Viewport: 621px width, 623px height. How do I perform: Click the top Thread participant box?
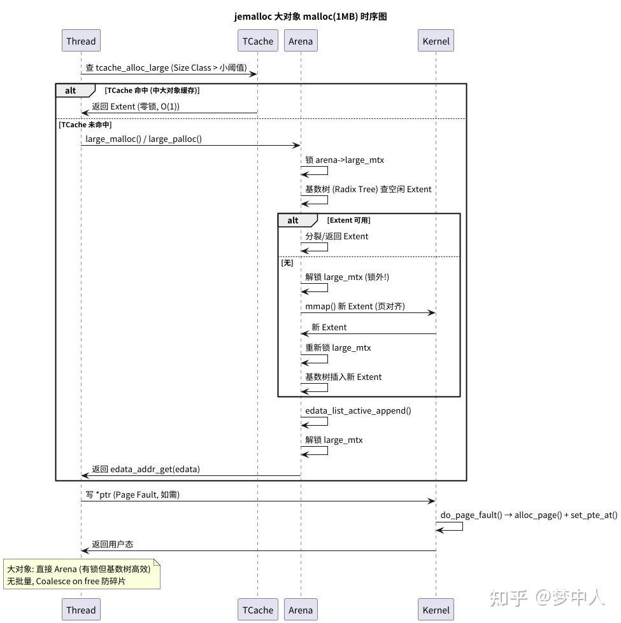[81, 41]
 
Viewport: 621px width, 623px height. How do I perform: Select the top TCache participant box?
[257, 41]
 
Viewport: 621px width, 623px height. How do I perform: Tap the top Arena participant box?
[301, 41]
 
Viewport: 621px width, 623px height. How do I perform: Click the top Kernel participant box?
[436, 41]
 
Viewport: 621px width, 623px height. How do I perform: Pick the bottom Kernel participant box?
[436, 610]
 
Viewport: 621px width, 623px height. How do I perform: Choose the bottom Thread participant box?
[81, 610]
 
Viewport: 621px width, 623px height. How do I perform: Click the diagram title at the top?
[311, 17]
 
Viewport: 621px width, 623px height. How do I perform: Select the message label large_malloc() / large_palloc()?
[143, 139]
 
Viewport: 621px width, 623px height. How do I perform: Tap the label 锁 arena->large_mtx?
[345, 160]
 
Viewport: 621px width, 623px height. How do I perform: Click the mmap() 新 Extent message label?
[355, 306]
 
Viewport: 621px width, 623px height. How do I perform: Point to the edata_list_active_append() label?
[358, 411]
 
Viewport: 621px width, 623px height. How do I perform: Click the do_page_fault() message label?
[529, 515]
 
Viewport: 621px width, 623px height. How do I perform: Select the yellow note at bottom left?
[82, 575]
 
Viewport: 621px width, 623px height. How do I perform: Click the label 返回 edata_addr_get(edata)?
[146, 469]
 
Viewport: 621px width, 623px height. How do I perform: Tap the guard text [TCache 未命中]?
[85, 125]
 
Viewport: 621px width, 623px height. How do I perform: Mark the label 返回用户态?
[113, 544]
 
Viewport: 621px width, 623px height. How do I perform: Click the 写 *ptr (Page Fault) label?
[132, 494]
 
